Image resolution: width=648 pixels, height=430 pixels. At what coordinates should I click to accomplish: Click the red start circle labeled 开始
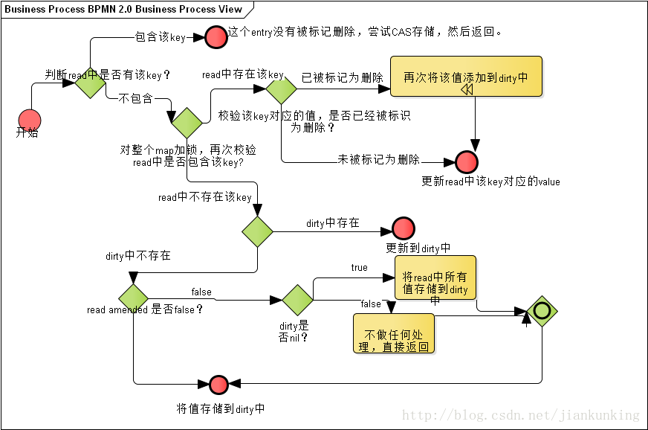[29, 119]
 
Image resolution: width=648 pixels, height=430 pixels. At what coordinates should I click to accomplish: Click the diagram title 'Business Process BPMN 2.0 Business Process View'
[123, 9]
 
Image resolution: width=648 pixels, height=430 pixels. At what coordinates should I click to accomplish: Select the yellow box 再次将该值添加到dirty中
[466, 77]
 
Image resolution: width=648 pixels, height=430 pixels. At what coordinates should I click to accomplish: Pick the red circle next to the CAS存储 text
[216, 36]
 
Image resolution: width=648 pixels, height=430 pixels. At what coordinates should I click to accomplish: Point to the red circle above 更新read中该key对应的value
[467, 161]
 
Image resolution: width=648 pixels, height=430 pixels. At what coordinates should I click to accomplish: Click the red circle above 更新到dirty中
[403, 228]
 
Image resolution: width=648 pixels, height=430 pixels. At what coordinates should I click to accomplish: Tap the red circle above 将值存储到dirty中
[218, 385]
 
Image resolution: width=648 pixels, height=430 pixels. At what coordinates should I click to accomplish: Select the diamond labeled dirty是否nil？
[297, 299]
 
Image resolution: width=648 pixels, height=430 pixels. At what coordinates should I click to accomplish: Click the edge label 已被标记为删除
[342, 77]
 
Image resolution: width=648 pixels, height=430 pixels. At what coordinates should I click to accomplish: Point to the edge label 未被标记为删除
[378, 159]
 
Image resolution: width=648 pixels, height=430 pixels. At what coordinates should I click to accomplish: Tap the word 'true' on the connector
[359, 267]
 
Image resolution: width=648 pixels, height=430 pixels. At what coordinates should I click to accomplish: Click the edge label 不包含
[135, 97]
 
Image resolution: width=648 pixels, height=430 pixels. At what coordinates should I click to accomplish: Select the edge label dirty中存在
[332, 222]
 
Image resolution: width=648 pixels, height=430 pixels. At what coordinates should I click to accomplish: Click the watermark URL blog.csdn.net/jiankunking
[520, 415]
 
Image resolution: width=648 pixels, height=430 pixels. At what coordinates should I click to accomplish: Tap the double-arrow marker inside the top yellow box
[467, 89]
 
